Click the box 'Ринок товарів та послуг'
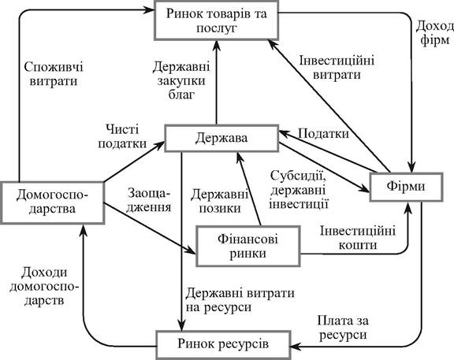[216, 20]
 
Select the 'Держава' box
[221, 139]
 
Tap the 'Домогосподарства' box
[52, 202]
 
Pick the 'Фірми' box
[406, 187]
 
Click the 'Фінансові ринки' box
[248, 247]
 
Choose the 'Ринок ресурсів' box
[224, 344]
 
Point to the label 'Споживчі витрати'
[54, 74]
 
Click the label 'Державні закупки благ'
[181, 80]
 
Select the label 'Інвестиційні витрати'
[337, 68]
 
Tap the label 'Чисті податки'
[122, 136]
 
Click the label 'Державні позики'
[219, 201]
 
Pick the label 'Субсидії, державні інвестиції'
[299, 190]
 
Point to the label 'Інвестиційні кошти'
[358, 238]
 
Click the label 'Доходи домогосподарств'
[44, 286]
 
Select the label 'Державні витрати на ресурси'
[240, 300]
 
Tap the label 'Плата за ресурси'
[343, 328]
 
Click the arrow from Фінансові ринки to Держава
[249, 189]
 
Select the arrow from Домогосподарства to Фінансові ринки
[150, 228]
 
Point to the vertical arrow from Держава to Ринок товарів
[216, 82]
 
